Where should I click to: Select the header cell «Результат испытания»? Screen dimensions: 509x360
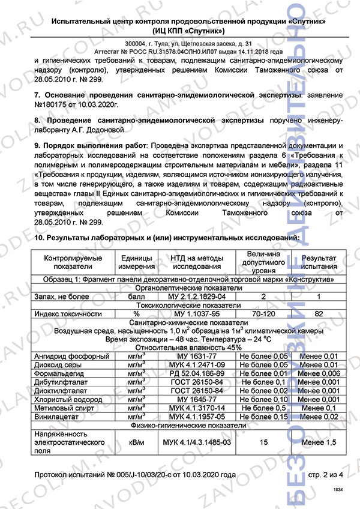click(319, 262)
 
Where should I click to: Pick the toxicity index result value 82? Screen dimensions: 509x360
click(319, 313)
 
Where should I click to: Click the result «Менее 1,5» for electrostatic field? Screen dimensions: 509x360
click(319, 442)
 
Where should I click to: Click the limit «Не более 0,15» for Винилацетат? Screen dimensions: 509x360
click(263, 416)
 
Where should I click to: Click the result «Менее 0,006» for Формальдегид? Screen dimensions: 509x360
click(319, 373)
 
